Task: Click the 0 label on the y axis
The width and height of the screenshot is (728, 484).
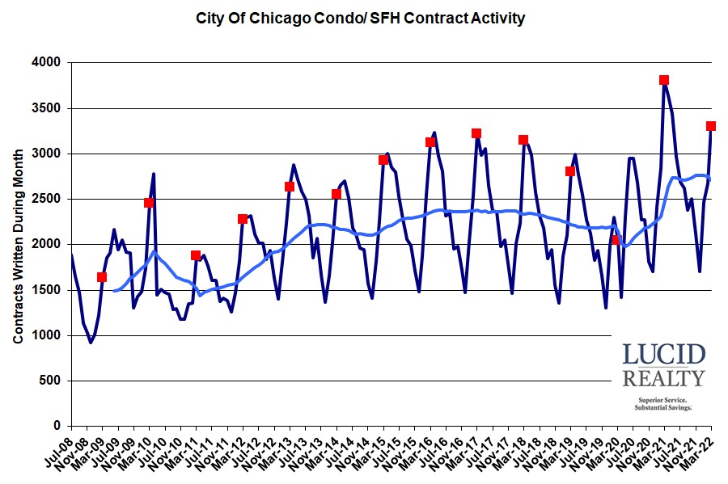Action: [x=58, y=426]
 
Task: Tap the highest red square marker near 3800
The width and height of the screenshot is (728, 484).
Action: [x=664, y=80]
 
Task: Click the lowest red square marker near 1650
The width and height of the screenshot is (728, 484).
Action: [x=102, y=277]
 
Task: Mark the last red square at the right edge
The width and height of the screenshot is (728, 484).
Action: [x=711, y=126]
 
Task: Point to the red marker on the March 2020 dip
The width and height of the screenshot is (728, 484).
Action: [x=616, y=240]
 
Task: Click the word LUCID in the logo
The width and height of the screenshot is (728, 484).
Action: [x=663, y=355]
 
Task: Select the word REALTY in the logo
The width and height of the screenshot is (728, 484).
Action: [x=663, y=378]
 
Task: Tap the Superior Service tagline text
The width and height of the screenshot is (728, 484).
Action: [x=662, y=400]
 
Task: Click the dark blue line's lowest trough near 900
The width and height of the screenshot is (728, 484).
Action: [x=91, y=342]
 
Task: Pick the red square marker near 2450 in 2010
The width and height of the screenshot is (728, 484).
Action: [x=149, y=203]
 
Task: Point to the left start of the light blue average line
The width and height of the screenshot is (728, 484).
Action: [x=114, y=290]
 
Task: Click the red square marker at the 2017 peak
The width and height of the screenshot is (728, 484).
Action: [x=476, y=133]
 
